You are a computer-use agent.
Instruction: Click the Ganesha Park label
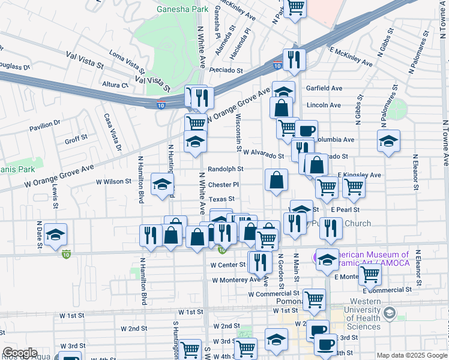pos(182,10)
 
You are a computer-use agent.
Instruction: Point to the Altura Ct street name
pos(115,85)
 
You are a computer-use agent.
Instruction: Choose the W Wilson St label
pos(113,181)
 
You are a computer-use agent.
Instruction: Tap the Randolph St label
pos(225,170)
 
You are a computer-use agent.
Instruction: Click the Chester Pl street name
pos(223,185)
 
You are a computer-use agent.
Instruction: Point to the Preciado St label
pos(226,70)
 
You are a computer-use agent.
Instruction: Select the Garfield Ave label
pos(324,88)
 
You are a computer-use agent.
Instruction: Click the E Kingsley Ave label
pos(359,175)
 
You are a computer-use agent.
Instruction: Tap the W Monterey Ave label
pos(236,280)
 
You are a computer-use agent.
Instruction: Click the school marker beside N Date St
pos(55,235)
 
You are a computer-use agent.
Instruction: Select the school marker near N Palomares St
pos(388,142)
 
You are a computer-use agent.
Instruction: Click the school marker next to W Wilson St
pos(162,184)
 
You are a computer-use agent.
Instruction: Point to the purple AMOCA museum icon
pos(315,258)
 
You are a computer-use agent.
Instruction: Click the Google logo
pos(20,353)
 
